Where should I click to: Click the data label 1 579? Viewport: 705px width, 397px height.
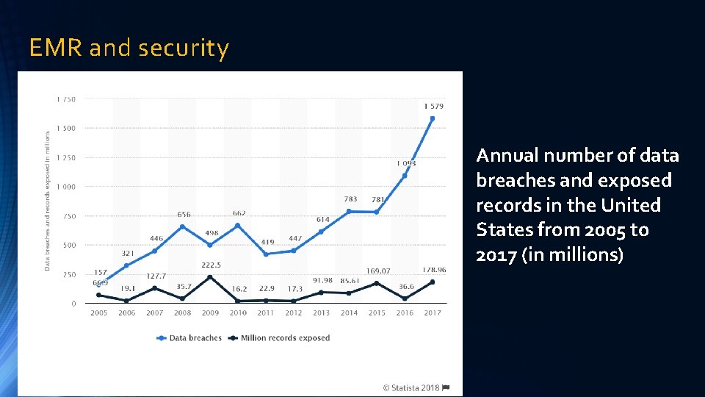[x=433, y=107]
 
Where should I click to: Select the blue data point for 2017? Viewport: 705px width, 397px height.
[x=433, y=118]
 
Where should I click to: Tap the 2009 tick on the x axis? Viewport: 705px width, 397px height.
[x=211, y=313]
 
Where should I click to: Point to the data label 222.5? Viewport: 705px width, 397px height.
[x=211, y=265]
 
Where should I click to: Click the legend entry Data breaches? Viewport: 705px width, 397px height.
[x=189, y=338]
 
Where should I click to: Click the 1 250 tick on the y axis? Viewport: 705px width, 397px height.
[x=65, y=157]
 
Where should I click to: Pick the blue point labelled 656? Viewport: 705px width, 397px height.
[x=183, y=226]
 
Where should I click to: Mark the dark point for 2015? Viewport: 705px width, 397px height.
[x=377, y=283]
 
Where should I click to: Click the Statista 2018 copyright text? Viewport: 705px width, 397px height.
[x=412, y=387]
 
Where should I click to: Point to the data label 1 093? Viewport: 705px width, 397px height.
[x=406, y=163]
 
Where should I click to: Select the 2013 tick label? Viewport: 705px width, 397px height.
[x=321, y=313]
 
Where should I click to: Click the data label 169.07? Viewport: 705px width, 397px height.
[x=379, y=271]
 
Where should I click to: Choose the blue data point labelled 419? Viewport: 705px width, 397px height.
[x=266, y=254]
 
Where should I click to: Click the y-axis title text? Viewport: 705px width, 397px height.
[x=48, y=200]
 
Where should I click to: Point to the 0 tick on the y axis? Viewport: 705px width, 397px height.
[x=73, y=303]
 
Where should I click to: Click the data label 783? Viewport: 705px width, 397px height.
[x=351, y=198]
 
